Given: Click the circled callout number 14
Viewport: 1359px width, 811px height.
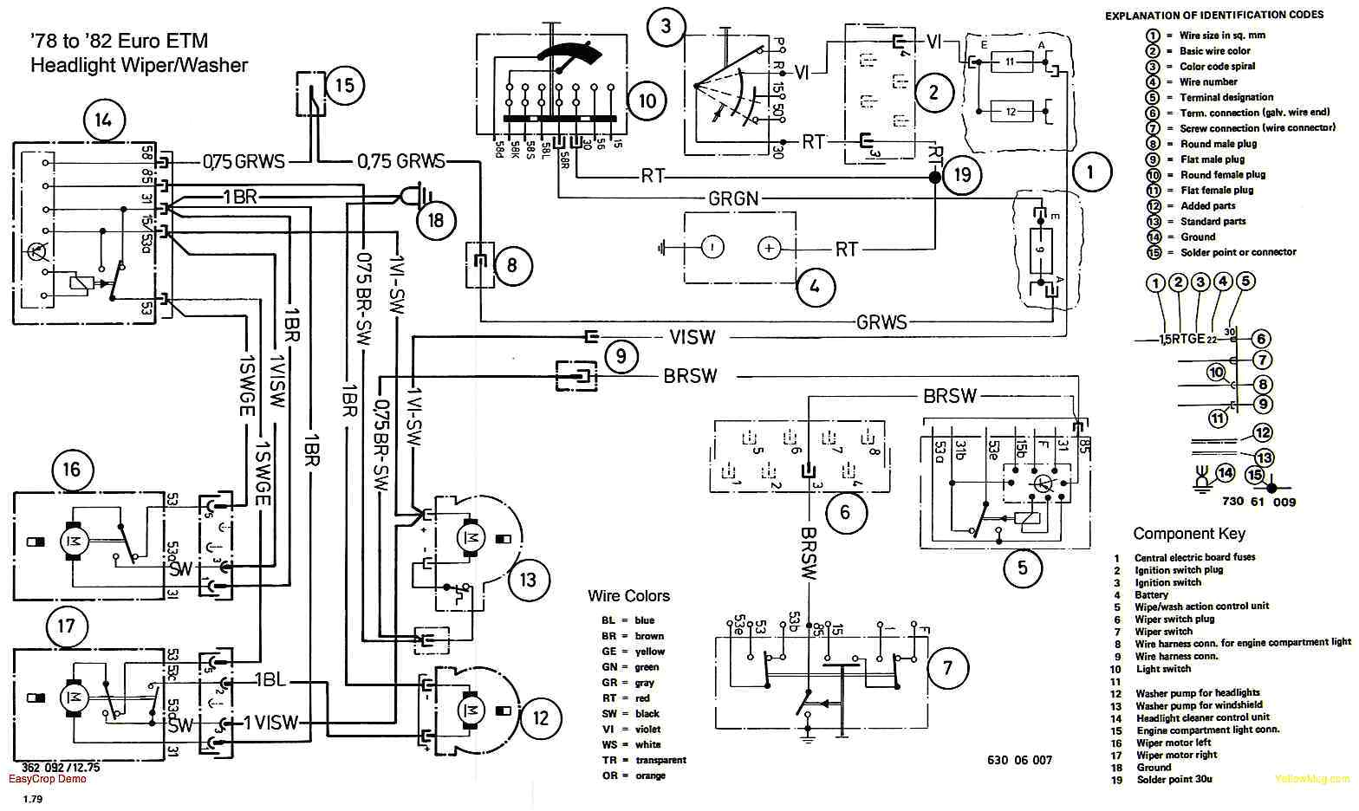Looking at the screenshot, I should click(103, 120).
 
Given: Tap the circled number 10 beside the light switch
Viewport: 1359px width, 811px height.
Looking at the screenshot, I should click(647, 101).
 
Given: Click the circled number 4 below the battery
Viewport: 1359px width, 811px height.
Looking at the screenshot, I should click(812, 285).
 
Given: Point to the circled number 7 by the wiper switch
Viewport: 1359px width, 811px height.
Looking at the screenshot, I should click(947, 668).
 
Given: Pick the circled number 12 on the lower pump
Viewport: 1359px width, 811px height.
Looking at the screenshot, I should click(541, 717).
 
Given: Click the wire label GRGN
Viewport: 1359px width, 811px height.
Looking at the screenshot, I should click(733, 198).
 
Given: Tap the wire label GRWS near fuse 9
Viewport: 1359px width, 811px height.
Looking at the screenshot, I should click(881, 322).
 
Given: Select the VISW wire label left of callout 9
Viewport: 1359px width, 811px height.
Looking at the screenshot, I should click(691, 337).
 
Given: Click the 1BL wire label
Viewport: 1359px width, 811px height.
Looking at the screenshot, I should click(270, 680).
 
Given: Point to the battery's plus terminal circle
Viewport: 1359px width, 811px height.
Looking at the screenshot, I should click(768, 248).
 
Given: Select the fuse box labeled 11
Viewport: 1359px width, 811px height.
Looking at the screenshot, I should click(1010, 62).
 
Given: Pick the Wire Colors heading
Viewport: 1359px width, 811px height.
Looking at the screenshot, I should click(628, 596).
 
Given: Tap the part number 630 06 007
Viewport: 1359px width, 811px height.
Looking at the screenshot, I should click(1019, 760).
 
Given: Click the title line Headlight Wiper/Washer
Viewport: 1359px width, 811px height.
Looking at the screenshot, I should click(139, 65).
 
